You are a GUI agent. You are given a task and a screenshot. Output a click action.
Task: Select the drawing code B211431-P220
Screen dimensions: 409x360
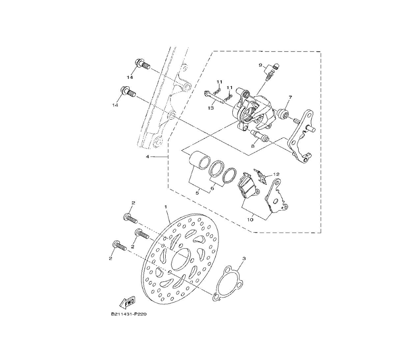pyautogui.click(x=129, y=314)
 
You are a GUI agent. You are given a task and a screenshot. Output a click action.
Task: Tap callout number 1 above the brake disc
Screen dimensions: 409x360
pyautogui.click(x=166, y=206)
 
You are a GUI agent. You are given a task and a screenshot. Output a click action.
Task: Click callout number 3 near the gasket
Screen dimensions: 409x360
pyautogui.click(x=244, y=259)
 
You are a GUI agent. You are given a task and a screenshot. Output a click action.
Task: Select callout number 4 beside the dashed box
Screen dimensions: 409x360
pyautogui.click(x=147, y=157)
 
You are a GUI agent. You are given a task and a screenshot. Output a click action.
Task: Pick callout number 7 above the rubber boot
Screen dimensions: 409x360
pyautogui.click(x=290, y=97)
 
